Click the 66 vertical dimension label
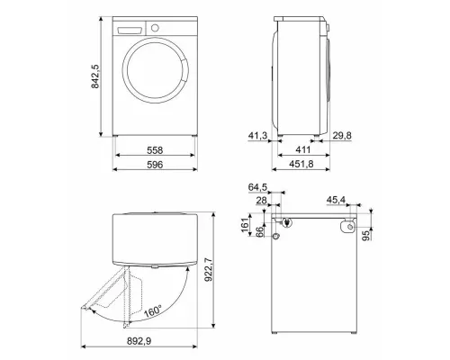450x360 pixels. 261,232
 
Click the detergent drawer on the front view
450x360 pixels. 130,29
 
